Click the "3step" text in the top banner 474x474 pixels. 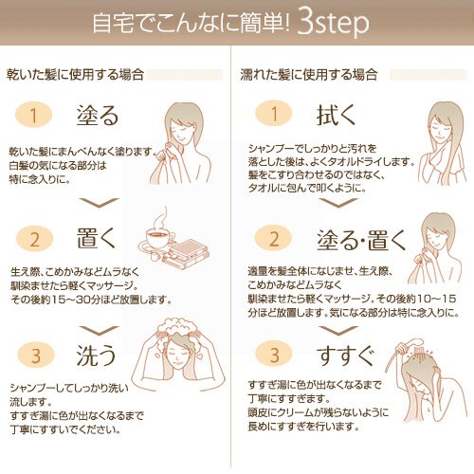(333, 23)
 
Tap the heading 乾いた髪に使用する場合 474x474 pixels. (75, 75)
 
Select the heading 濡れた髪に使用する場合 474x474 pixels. (309, 75)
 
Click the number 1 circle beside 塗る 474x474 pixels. (33, 115)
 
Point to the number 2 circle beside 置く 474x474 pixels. (34, 239)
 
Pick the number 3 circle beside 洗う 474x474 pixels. (36, 355)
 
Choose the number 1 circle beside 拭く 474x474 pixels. (274, 113)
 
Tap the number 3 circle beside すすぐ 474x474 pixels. (274, 354)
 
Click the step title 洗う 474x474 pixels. (97, 355)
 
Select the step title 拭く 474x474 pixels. (336, 115)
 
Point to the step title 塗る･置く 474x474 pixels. (361, 240)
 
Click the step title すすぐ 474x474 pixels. (346, 355)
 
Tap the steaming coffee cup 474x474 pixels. (159, 238)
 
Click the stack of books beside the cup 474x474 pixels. (187, 254)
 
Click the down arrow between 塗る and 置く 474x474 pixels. (99, 203)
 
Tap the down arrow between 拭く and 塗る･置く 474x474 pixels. (338, 203)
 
